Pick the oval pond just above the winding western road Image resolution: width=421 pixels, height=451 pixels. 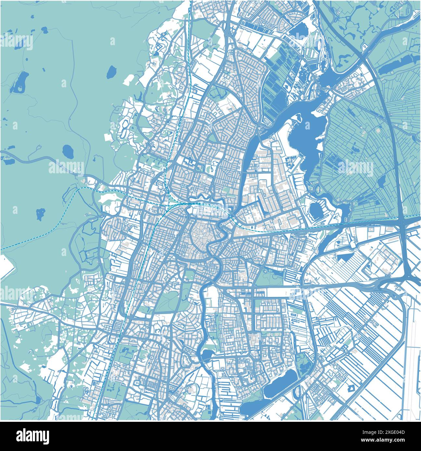[68, 151]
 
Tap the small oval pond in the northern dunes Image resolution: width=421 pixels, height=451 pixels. [111, 72]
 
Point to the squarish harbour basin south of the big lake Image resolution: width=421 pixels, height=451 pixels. [315, 210]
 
